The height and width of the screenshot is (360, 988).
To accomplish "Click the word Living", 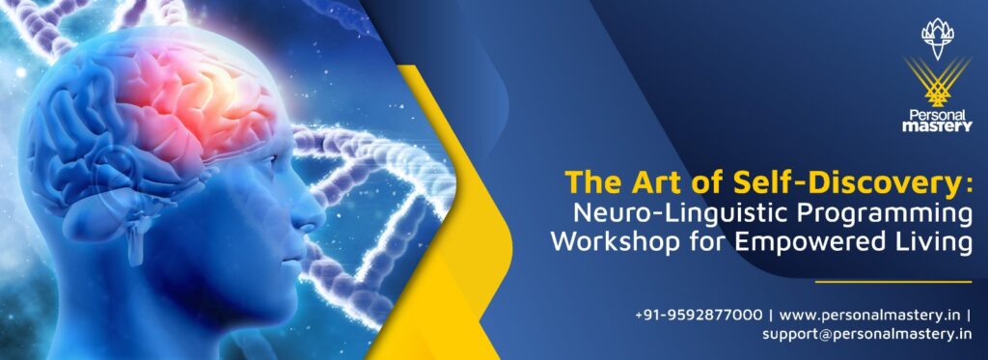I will [x=935, y=241].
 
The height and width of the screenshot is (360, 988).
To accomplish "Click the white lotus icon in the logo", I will [x=936, y=38].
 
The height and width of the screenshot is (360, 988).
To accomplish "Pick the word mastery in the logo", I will [x=937, y=125].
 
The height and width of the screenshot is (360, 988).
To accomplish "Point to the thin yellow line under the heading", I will [x=892, y=282].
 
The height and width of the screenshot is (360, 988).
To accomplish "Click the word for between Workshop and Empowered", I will [x=714, y=241].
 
